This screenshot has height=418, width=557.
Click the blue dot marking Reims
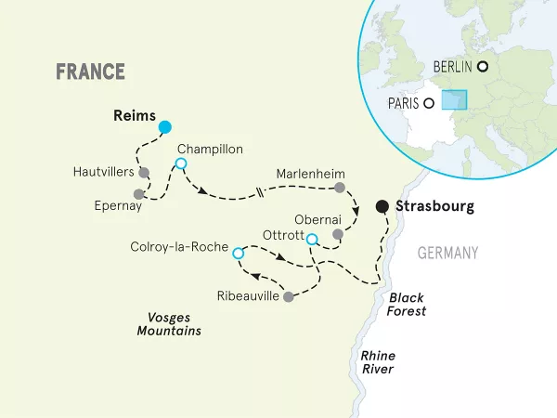click(164, 126)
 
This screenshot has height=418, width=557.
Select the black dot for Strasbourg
click(381, 206)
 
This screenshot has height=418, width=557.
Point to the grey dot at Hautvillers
click(144, 172)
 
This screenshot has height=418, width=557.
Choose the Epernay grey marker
click(139, 194)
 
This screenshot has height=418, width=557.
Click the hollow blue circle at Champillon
click(181, 164)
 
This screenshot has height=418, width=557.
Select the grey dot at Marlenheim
click(340, 188)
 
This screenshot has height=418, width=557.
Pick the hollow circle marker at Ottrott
click(312, 239)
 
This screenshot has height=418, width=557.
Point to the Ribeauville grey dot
click(289, 296)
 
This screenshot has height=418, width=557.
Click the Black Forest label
click(408, 305)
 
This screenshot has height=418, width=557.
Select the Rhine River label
click(378, 361)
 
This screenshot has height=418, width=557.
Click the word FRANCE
click(90, 72)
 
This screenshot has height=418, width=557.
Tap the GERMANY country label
click(447, 254)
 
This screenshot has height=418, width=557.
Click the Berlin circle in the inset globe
click(483, 66)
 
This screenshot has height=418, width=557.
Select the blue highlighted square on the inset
click(454, 100)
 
